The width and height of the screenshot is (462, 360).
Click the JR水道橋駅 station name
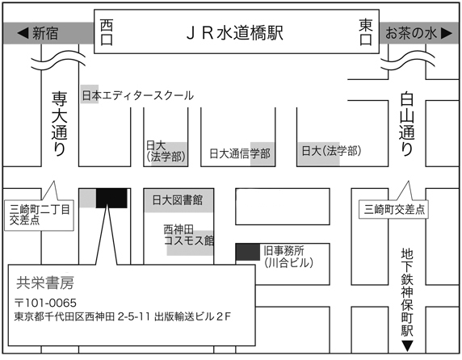pyautogui.click(x=235, y=32)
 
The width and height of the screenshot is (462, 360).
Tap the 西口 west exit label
pyautogui.click(x=107, y=32)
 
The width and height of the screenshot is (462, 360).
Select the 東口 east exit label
pyautogui.click(x=366, y=32)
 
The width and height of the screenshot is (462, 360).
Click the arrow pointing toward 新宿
pyautogui.click(x=23, y=32)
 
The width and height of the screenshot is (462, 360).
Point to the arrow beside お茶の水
pyautogui.click(x=447, y=33)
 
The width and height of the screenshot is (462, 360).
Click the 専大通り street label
pyautogui.click(x=59, y=124)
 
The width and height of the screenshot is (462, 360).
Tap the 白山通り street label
pyautogui.click(x=407, y=124)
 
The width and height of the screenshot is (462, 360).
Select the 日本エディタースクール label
pyautogui.click(x=137, y=95)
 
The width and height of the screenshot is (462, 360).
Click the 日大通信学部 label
pyautogui.click(x=240, y=153)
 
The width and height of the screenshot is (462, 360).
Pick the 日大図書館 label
pyautogui.click(x=178, y=200)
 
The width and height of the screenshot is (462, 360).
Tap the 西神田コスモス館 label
pyautogui.click(x=188, y=235)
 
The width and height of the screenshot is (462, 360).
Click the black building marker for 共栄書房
pyautogui.click(x=111, y=198)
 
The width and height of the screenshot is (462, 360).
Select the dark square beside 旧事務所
pyautogui.click(x=248, y=252)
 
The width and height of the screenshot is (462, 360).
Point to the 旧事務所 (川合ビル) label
pyautogui.click(x=288, y=257)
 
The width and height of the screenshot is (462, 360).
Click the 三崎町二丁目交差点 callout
pyautogui.click(x=39, y=216)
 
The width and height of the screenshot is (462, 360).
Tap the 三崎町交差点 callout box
pyautogui.click(x=393, y=210)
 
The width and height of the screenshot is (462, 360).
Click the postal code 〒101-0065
pyautogui.click(x=45, y=303)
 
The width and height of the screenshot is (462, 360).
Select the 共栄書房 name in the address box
pyautogui.click(x=44, y=283)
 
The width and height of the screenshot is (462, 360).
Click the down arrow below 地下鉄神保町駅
pyautogui.click(x=407, y=345)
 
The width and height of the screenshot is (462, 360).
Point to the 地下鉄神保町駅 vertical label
pyautogui.click(x=407, y=292)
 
